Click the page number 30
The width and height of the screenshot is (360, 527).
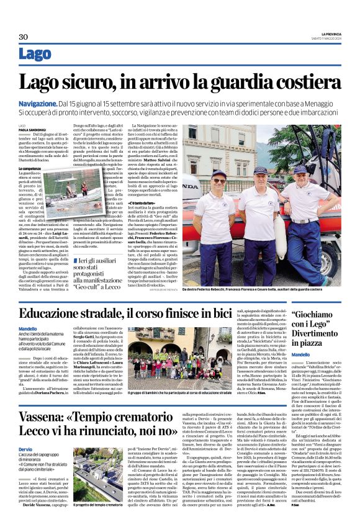24,37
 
